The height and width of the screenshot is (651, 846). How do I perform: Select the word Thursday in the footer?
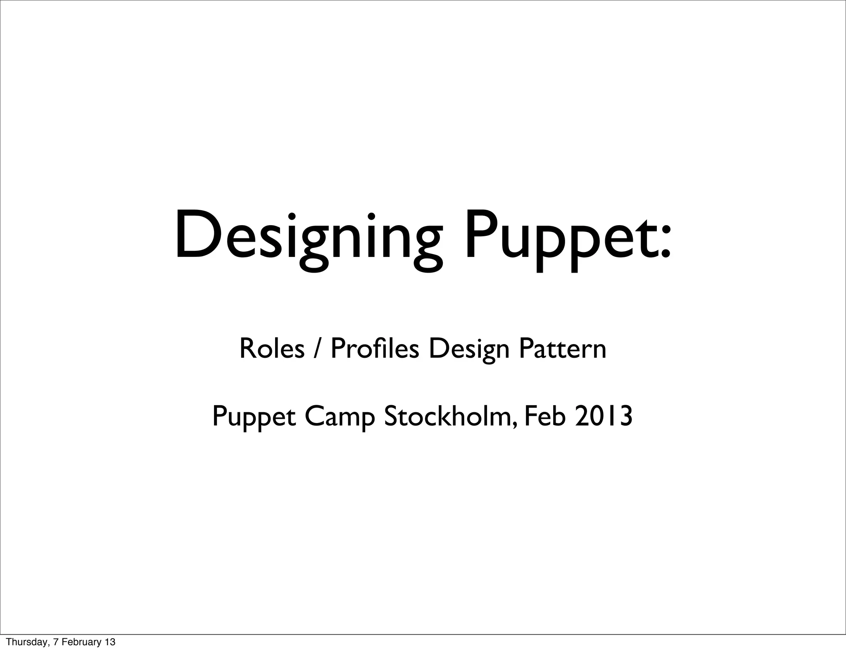[23, 642]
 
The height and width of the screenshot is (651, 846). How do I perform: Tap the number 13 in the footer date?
[110, 642]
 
